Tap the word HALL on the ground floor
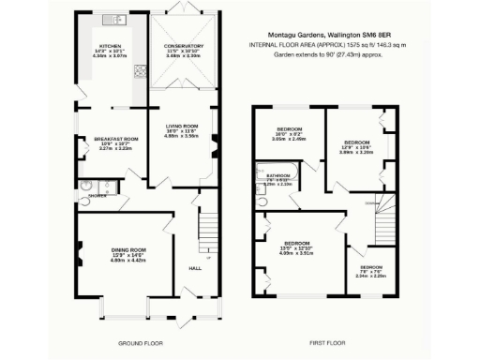click(x=195, y=267)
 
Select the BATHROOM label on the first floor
click(x=278, y=175)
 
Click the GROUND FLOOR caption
click(x=138, y=343)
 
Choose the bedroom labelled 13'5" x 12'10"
click(x=296, y=246)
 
